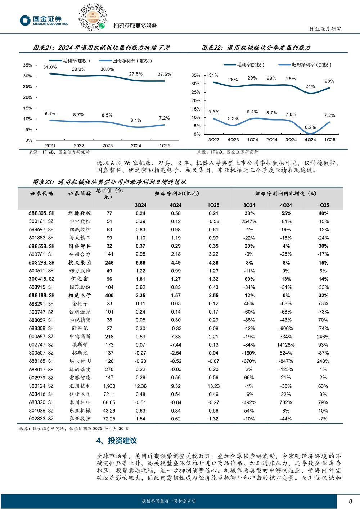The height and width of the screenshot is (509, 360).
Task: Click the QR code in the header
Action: [x=93, y=17]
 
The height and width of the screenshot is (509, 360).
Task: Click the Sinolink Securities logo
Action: [x=44, y=21]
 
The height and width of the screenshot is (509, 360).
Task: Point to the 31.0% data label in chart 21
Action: [x=50, y=67]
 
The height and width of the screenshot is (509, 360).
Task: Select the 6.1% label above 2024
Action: [x=136, y=120]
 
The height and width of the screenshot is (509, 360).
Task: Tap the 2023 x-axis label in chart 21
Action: [x=108, y=146]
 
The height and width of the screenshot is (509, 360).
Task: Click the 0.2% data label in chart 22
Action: [x=310, y=127]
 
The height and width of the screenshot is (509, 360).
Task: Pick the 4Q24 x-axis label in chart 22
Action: [x=310, y=140]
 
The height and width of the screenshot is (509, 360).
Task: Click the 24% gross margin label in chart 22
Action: [x=310, y=87]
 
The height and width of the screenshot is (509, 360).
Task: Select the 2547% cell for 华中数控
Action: [x=249, y=221]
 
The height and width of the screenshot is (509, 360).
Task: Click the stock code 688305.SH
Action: [x=41, y=213]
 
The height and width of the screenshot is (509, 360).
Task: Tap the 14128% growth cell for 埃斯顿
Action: [x=286, y=345]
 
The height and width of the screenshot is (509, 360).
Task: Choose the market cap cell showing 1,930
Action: [x=109, y=386]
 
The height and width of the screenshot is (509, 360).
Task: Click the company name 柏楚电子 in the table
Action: [x=80, y=296]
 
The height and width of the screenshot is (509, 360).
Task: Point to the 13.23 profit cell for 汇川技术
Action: [x=213, y=386]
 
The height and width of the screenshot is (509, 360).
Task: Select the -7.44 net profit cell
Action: [x=176, y=345]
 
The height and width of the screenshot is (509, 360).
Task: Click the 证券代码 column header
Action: [x=42, y=194]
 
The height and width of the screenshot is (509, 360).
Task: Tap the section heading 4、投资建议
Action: [x=117, y=441]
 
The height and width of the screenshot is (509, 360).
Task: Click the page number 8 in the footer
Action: [x=350, y=501]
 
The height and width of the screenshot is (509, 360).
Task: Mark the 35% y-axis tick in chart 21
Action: [x=27, y=65]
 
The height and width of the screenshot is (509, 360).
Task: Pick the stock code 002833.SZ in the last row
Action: [x=41, y=419]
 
